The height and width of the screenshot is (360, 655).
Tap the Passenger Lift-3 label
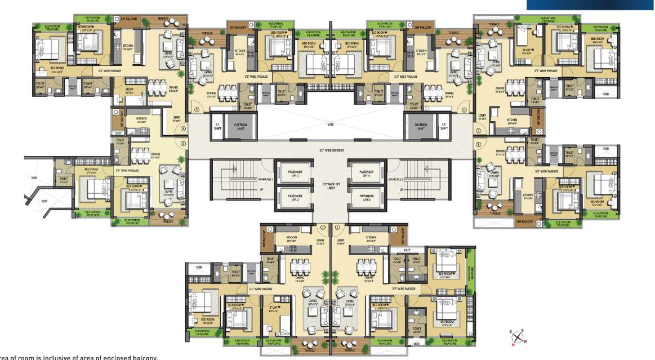pos(366,198)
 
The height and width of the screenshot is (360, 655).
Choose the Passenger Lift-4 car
pos(366,174)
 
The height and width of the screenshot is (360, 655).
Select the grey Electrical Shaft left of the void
pos(240,127)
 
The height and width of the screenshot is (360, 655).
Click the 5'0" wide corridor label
pos(331,150)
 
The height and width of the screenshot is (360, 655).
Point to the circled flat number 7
pos(477,130)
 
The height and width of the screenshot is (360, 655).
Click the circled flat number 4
pos(182,129)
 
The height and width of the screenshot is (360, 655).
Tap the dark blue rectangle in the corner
pos(590,5)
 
